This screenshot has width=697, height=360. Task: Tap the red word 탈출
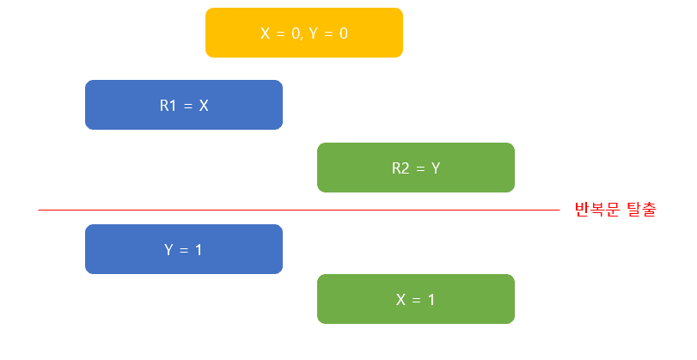pos(639,210)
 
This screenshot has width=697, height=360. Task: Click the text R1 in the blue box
pos(168,106)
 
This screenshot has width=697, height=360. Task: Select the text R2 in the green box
pos(400,168)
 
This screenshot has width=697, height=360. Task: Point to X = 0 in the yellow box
pos(280,34)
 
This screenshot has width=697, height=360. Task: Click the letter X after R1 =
pos(204,106)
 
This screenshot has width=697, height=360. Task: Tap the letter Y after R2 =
pos(436,168)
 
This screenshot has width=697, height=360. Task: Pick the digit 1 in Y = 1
pos(199,250)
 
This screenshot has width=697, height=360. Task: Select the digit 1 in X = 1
pos(431,300)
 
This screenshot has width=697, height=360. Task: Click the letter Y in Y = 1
pos(169,250)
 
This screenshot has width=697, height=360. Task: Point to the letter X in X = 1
pos(400,300)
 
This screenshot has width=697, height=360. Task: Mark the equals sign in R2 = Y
pos(420,168)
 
